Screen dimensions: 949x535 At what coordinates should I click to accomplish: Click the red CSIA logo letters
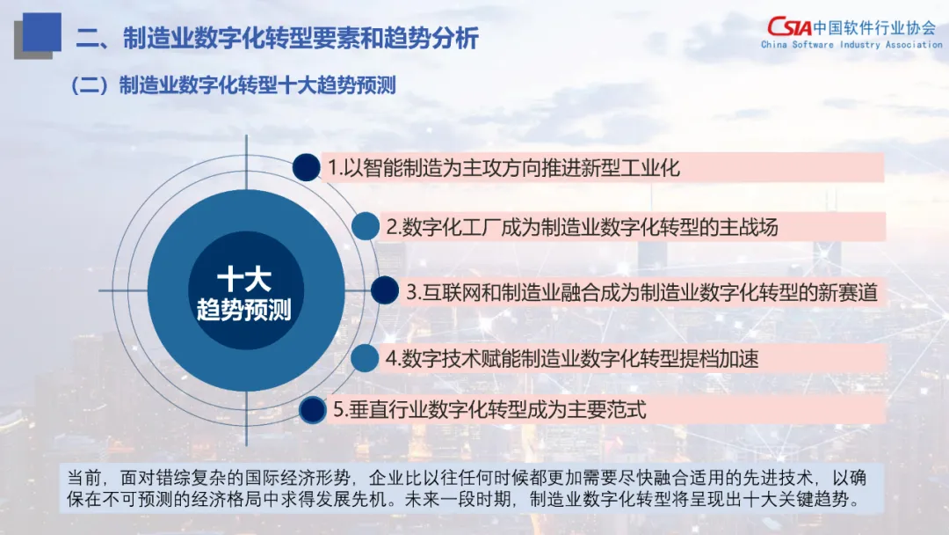tap(789, 26)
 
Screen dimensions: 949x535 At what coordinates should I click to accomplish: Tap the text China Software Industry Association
tap(851, 44)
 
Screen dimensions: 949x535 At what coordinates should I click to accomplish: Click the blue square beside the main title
tap(42, 32)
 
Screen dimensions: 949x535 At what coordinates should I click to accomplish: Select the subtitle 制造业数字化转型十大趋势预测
tap(257, 84)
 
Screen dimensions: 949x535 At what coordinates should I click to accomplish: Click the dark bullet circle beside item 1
tap(307, 167)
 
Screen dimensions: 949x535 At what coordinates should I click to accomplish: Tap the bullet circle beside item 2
tap(366, 227)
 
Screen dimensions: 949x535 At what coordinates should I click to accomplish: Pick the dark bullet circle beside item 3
tap(385, 290)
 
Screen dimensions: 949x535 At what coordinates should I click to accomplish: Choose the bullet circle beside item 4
tap(365, 358)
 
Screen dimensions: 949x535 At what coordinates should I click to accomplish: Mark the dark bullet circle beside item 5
tap(312, 410)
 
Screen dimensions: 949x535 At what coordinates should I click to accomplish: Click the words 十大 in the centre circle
tap(244, 279)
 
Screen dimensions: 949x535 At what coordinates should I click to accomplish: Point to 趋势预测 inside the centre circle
tap(244, 310)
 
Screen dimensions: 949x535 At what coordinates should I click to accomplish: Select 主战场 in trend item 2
tap(749, 227)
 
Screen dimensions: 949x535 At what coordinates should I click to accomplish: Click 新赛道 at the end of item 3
tap(849, 293)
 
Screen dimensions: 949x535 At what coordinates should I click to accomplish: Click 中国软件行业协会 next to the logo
tap(874, 26)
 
